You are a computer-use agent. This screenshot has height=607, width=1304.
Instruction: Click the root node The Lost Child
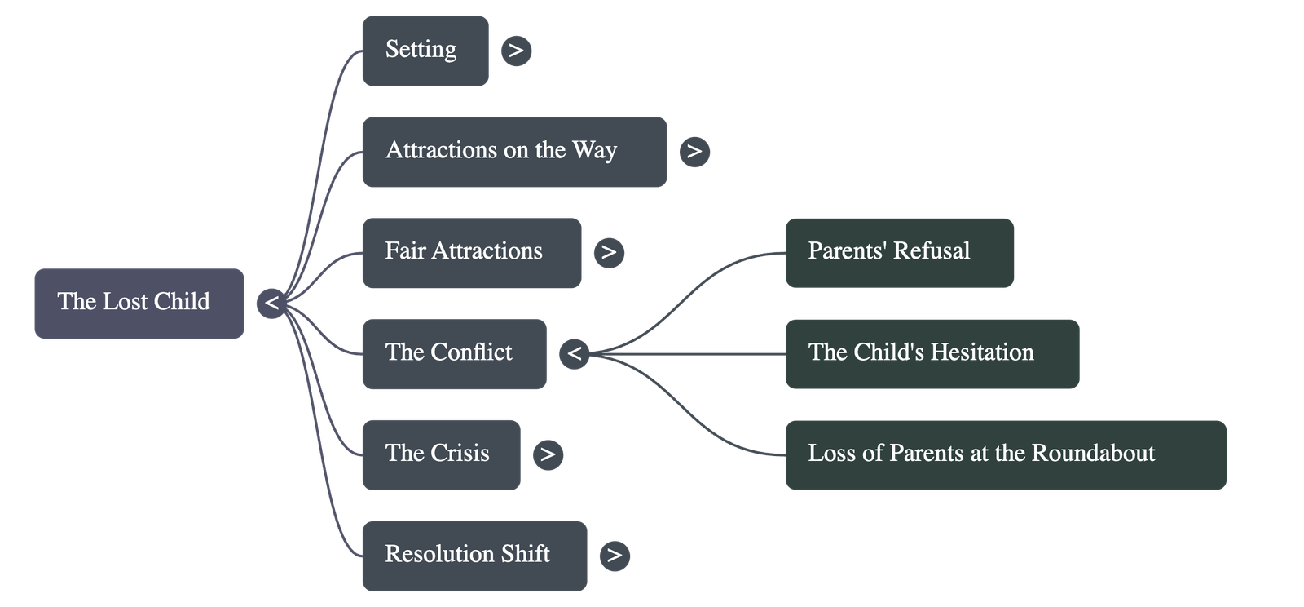(x=139, y=303)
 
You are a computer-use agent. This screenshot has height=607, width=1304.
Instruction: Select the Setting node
(x=425, y=50)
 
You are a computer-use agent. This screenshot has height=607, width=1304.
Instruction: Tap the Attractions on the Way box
(x=513, y=152)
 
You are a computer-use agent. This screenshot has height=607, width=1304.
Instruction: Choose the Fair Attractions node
(x=471, y=252)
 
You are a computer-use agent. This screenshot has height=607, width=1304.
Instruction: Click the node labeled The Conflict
(x=454, y=353)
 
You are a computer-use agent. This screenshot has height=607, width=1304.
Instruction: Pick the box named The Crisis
(x=440, y=454)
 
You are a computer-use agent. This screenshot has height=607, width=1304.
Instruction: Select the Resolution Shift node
(x=474, y=556)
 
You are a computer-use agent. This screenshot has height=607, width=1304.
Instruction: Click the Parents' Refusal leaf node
(x=899, y=252)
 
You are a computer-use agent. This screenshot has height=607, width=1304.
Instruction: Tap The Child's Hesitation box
(x=932, y=353)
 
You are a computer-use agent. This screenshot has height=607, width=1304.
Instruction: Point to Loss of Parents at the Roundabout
(x=1005, y=454)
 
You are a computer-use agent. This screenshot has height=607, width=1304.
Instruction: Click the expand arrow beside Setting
(x=516, y=51)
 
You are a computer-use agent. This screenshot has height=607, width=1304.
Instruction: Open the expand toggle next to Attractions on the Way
(x=694, y=152)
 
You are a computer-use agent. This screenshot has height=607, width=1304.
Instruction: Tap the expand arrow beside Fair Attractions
(x=609, y=252)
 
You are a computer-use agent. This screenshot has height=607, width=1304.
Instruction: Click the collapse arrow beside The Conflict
(x=574, y=354)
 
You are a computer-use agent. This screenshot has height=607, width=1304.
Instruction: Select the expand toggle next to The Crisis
(x=548, y=454)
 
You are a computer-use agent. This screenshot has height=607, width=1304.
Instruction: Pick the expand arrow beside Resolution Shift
(x=615, y=556)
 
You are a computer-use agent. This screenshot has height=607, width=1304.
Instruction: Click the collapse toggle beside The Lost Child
(x=271, y=303)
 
